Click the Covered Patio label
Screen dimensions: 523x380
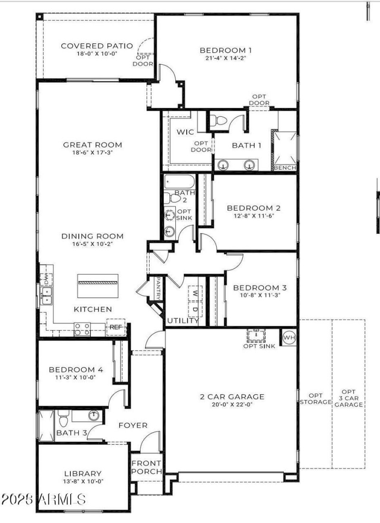(89, 46)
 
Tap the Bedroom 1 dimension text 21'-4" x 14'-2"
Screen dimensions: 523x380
(225, 58)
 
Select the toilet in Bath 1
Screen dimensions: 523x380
(219, 121)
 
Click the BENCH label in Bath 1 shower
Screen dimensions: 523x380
(285, 168)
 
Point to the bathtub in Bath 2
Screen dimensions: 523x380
(179, 182)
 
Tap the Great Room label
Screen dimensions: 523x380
(93, 145)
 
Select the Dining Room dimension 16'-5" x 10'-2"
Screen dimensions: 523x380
(93, 244)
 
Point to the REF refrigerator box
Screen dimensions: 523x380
(115, 327)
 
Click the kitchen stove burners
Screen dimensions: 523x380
(82, 329)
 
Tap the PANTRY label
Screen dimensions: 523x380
(158, 289)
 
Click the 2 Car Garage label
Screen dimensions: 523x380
(232, 397)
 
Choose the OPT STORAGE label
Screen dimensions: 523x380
(315, 399)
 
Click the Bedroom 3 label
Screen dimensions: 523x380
(259, 287)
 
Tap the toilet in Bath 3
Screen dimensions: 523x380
(64, 420)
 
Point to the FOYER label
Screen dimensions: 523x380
(133, 425)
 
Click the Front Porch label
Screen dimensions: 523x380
(146, 467)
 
